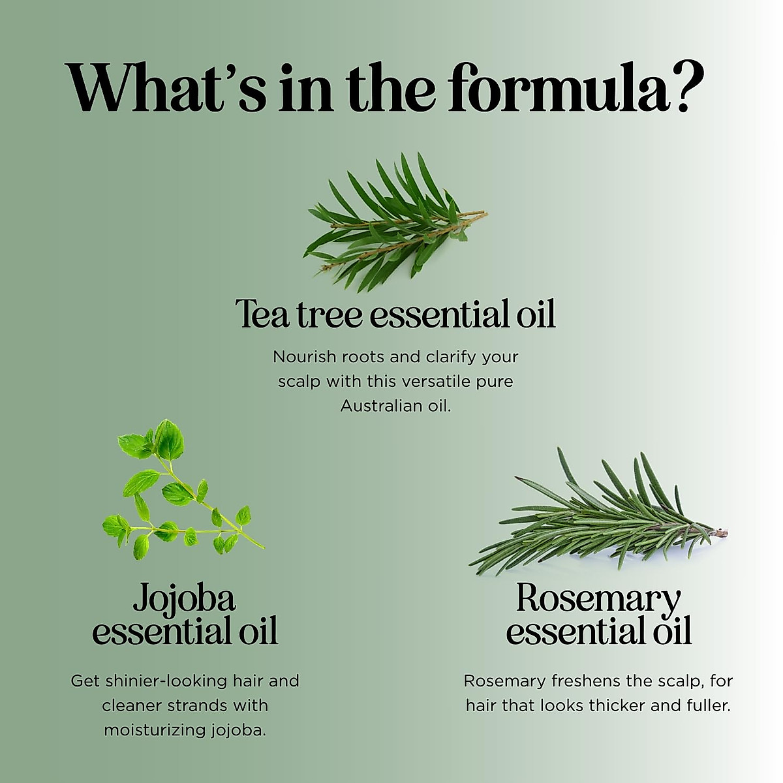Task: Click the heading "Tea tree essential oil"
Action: point(395,315)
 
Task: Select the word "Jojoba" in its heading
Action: point(184,598)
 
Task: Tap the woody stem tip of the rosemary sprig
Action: point(721,533)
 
